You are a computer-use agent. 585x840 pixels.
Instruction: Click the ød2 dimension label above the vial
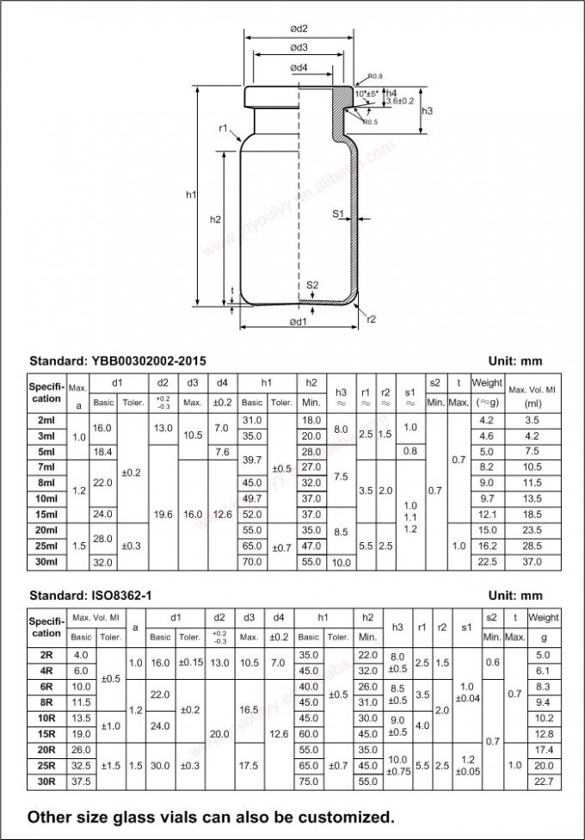(x=299, y=28)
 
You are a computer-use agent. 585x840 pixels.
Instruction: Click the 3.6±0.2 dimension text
(x=401, y=101)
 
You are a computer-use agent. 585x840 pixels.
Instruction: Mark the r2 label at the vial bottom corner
(x=372, y=318)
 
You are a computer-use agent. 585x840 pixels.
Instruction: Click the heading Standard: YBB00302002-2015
(x=118, y=361)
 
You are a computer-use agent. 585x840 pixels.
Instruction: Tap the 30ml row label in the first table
(x=46, y=562)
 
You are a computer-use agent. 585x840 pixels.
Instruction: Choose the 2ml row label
(x=46, y=420)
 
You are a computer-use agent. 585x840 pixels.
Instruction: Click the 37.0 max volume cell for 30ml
(x=532, y=562)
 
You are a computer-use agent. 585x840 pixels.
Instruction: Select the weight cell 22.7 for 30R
(x=544, y=781)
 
